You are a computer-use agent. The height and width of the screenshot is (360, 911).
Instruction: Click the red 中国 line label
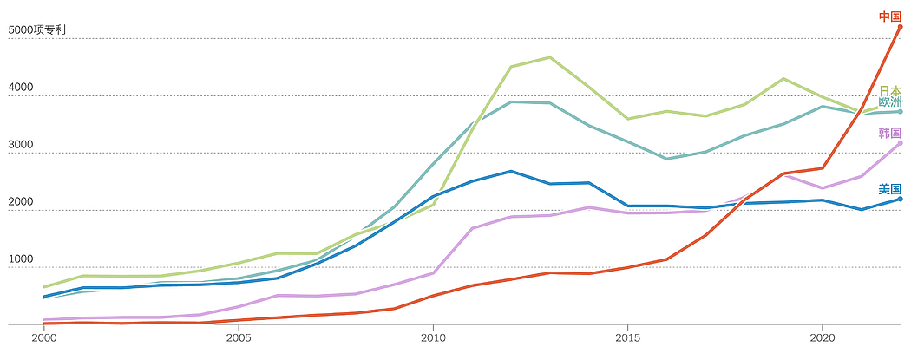click(x=889, y=16)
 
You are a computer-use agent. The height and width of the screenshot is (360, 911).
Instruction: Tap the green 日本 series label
click(x=890, y=91)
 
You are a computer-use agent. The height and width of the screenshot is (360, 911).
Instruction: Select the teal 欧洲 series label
click(x=890, y=102)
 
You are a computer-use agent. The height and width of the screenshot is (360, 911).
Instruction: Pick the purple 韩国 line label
click(x=890, y=134)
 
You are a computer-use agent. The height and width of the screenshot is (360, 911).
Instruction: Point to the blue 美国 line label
click(x=890, y=189)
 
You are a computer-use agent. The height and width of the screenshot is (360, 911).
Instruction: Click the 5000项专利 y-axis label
click(x=34, y=29)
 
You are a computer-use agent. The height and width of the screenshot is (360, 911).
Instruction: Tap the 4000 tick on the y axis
click(x=20, y=87)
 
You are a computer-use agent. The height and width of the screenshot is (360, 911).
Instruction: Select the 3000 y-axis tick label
click(x=20, y=145)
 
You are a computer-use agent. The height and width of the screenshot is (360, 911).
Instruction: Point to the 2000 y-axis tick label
click(x=20, y=201)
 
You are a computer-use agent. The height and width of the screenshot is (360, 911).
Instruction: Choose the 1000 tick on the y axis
click(x=20, y=259)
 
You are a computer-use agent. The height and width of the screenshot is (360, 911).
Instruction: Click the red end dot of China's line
click(x=900, y=27)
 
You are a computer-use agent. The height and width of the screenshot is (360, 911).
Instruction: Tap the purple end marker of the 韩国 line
click(x=900, y=143)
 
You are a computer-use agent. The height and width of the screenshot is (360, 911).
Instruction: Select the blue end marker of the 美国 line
click(x=900, y=199)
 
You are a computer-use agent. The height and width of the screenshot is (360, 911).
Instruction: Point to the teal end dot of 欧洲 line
click(x=900, y=112)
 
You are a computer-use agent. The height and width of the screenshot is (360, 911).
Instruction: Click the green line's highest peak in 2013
click(x=549, y=57)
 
